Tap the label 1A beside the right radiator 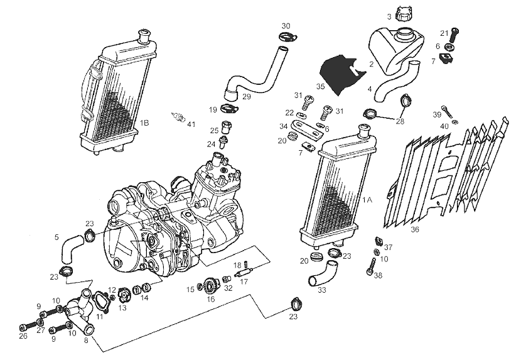click(367, 199)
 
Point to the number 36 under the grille click(414, 230)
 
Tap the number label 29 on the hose click(246, 96)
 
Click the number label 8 click(86, 341)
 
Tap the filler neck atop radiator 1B click(145, 33)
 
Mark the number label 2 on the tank click(372, 64)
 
